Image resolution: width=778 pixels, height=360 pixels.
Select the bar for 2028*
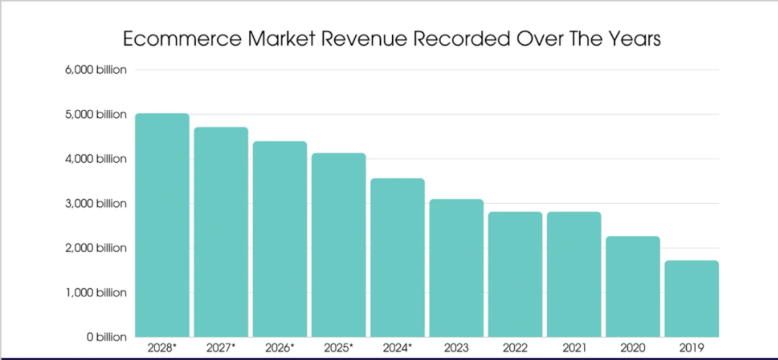click(x=162, y=225)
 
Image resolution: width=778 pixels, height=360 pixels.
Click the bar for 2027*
click(x=221, y=232)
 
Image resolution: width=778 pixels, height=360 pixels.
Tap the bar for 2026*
click(x=280, y=239)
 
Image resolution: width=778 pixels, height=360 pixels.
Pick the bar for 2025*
click(x=339, y=245)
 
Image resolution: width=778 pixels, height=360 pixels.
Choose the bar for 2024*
click(x=398, y=257)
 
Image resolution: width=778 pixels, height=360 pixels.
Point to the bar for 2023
click(x=456, y=268)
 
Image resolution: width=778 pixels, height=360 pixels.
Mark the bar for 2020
click(x=632, y=287)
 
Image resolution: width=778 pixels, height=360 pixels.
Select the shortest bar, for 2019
click(x=692, y=299)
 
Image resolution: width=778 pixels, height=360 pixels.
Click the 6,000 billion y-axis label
click(x=95, y=70)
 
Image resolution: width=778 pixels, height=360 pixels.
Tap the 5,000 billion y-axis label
click(x=95, y=114)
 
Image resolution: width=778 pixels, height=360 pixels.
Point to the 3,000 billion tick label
click(x=95, y=204)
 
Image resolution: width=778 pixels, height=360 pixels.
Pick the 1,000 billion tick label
click(x=95, y=292)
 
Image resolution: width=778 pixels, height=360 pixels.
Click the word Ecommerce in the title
click(x=181, y=38)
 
